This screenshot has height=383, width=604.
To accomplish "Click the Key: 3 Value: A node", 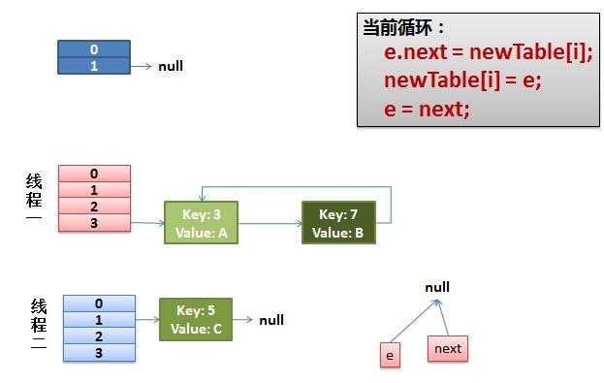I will point(201,223).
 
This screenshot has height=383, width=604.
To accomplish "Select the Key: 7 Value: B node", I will point(338,223).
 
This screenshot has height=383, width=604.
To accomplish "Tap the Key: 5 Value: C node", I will point(196,320).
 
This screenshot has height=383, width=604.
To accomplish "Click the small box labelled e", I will point(390,356).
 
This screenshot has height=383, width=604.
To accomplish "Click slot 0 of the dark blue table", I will point(94,49).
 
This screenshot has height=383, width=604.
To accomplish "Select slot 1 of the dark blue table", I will point(94,66).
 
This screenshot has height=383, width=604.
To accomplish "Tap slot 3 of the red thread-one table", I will point(94,223).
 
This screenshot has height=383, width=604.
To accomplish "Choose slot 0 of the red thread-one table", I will point(94,175).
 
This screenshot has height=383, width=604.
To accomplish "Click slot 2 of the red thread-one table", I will point(94,207).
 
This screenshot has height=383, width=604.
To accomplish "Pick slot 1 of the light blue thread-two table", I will point(99,320).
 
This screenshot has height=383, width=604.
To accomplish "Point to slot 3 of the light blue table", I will point(99,352).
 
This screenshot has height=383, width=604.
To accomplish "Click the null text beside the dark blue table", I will point(171,67).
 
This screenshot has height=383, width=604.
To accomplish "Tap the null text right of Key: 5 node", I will point(271,320).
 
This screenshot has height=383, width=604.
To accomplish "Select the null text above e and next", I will point(437,288).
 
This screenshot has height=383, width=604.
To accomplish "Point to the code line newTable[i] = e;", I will point(462,80).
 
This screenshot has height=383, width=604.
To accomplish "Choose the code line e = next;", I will point(427,109).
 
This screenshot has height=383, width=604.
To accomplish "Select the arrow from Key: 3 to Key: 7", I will point(269,224).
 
